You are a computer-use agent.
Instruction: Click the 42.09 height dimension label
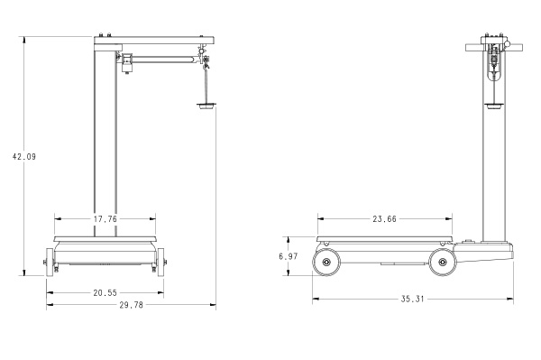click(x=24, y=157)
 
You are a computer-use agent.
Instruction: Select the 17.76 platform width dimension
click(x=105, y=219)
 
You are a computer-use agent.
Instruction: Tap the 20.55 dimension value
click(x=105, y=293)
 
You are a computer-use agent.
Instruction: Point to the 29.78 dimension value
click(x=131, y=305)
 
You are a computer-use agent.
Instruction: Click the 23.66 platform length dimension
click(x=384, y=219)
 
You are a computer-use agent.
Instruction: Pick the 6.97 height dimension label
click(x=289, y=256)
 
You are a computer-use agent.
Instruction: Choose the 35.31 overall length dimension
click(x=412, y=299)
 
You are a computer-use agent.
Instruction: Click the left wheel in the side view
click(x=326, y=263)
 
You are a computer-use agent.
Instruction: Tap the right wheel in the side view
click(x=442, y=263)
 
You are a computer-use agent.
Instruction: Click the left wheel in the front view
click(x=50, y=262)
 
